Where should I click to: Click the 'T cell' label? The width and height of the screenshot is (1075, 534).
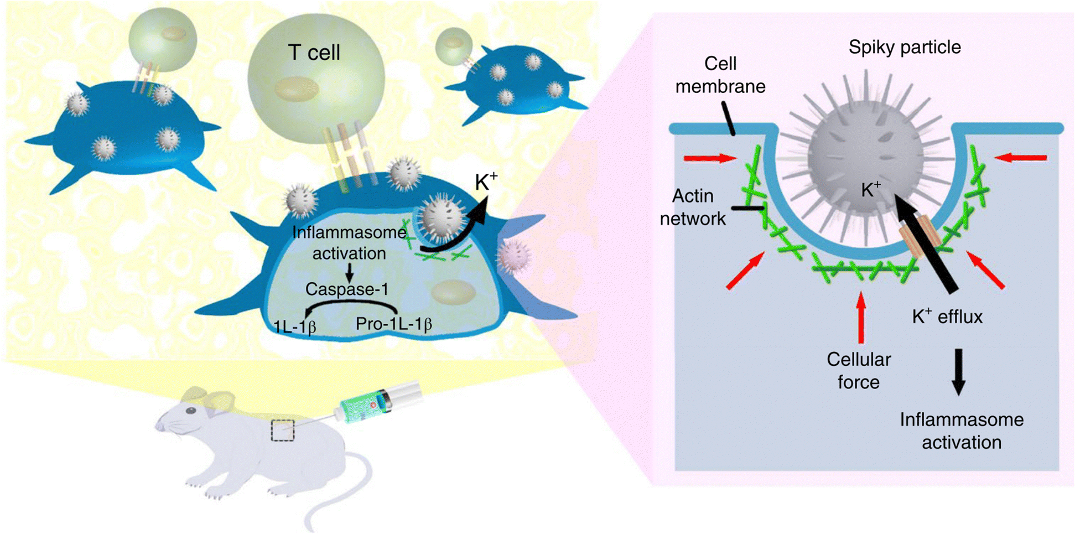pyautogui.click(x=314, y=53)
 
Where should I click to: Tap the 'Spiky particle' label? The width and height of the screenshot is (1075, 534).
pyautogui.click(x=904, y=47)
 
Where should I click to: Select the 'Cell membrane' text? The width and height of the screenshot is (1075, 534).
pyautogui.click(x=720, y=75)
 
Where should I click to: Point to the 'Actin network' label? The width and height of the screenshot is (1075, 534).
pyautogui.click(x=692, y=208)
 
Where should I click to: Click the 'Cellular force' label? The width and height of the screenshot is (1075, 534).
pyautogui.click(x=858, y=371)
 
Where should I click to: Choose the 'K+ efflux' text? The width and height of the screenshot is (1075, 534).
pyautogui.click(x=947, y=317)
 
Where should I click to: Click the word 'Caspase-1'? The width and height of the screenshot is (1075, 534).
pyautogui.click(x=346, y=289)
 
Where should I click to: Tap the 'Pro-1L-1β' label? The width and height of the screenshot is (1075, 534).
pyautogui.click(x=393, y=324)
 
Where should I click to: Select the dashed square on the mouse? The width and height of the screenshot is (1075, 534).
pyautogui.click(x=283, y=431)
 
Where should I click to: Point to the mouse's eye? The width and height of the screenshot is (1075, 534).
pyautogui.click(x=190, y=411)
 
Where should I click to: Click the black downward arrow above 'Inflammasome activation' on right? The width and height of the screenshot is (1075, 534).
pyautogui.click(x=959, y=371)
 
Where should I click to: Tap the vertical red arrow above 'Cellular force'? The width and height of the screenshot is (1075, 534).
pyautogui.click(x=860, y=317)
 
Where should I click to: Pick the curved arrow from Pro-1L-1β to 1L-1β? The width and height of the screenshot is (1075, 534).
pyautogui.click(x=351, y=304)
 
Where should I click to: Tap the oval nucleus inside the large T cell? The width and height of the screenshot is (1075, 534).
pyautogui.click(x=296, y=89)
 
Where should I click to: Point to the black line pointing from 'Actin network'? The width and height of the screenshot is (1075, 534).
pyautogui.click(x=747, y=208)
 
